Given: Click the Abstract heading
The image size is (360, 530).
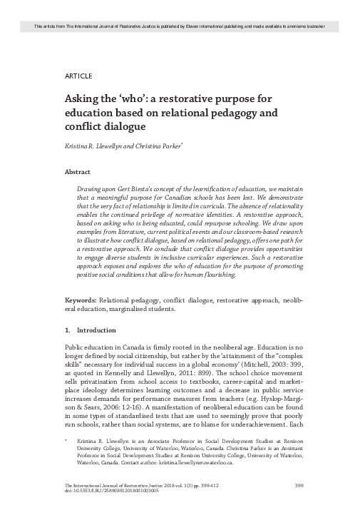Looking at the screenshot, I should pyautogui.click(x=78, y=172).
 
